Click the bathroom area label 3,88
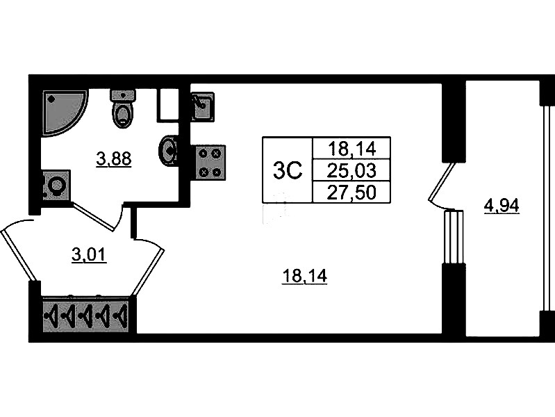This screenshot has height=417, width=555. [114, 160]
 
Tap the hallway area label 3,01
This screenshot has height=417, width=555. [90, 255]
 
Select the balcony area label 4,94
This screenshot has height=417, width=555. [502, 206]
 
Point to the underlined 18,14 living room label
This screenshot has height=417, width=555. [304, 277]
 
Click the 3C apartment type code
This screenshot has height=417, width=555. [288, 170]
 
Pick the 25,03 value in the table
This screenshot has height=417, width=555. [351, 170]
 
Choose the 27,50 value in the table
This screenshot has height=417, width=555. [351, 192]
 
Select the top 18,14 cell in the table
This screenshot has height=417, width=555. [351, 148]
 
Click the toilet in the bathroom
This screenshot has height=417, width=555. [123, 109]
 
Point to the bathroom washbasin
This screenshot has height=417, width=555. [169, 151]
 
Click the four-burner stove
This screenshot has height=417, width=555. [210, 163]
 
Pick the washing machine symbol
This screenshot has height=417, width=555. [56, 186]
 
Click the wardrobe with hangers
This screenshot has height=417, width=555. [87, 316]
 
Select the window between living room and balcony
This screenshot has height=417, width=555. [453, 236]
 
